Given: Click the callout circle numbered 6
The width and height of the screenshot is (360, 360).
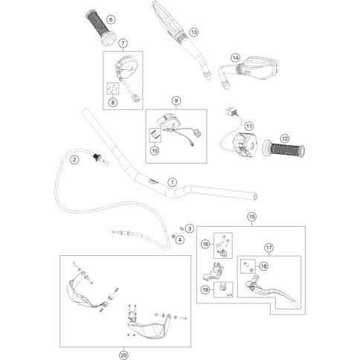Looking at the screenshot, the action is (x=111, y=19).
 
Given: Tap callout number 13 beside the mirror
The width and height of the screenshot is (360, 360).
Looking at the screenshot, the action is (x=193, y=32).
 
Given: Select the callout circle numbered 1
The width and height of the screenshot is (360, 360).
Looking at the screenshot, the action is (x=173, y=182).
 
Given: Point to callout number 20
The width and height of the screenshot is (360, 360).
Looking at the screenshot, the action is (x=123, y=355).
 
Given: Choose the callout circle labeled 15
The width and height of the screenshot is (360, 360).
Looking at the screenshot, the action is (x=251, y=216).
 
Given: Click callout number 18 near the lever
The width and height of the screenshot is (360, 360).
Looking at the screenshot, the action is (x=263, y=266).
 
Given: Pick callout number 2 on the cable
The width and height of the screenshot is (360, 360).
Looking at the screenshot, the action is (x=74, y=160).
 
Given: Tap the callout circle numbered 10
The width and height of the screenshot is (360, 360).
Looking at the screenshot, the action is (x=155, y=150).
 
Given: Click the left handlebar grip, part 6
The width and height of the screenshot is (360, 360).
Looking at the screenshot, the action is (x=101, y=28).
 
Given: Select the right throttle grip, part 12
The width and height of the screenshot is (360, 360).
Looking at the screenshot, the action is (x=283, y=149).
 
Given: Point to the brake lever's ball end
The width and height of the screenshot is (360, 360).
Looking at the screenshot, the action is (x=295, y=304).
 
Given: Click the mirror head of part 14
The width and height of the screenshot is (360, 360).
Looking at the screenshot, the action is (x=258, y=66).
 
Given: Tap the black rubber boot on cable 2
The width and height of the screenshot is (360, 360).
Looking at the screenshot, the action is (x=96, y=157).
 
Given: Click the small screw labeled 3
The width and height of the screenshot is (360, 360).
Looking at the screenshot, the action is (x=181, y=228).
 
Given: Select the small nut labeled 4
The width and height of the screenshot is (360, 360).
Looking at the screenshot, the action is (x=174, y=235).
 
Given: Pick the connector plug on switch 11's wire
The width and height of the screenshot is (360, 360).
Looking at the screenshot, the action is (x=231, y=111).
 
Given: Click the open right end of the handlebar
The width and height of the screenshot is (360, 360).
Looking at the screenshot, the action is (x=254, y=196).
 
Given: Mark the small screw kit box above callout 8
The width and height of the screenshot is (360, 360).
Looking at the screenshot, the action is (x=113, y=89).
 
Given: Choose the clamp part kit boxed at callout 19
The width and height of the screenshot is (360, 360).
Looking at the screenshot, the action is (x=223, y=289).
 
